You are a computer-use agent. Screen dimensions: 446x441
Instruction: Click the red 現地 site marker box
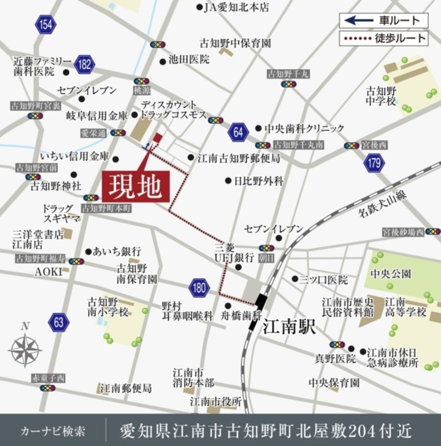tap(136, 187)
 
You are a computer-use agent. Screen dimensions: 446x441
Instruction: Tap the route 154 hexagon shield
tap(45, 25)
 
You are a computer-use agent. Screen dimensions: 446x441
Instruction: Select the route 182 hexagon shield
tap(85, 64)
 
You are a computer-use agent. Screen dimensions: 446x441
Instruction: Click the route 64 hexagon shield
tap(238, 132)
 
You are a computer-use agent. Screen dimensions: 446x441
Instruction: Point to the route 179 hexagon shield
tap(374, 163)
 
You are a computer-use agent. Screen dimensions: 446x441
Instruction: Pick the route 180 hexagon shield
tap(199, 288)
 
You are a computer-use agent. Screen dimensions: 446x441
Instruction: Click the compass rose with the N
tap(25, 348)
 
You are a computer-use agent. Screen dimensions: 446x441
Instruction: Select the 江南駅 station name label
tap(289, 327)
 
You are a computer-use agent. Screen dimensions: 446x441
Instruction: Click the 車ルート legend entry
tap(384, 20)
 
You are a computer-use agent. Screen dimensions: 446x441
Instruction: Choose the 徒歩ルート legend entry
tap(384, 38)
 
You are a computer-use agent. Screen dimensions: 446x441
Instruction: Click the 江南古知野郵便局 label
tap(239, 159)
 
